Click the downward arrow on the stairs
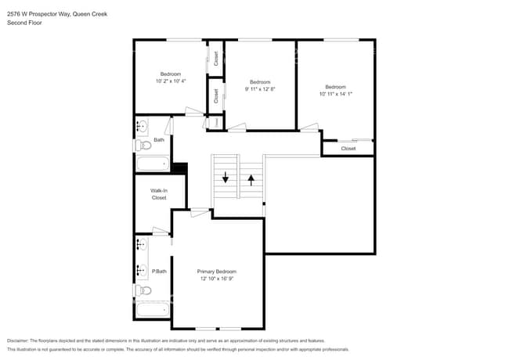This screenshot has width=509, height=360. [x=226, y=178]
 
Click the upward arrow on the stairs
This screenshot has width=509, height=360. [x=251, y=179]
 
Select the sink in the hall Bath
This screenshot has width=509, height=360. [x=142, y=126]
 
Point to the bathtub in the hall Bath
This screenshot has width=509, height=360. [x=152, y=164]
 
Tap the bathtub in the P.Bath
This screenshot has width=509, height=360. [x=152, y=309]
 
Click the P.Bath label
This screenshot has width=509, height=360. [x=159, y=272]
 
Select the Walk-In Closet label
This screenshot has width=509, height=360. [x=159, y=194]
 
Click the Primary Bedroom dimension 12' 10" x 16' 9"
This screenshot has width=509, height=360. [x=217, y=279]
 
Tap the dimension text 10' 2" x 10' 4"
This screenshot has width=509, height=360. [x=170, y=81]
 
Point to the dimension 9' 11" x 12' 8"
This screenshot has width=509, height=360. [x=260, y=89]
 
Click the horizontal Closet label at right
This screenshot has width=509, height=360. [x=348, y=148]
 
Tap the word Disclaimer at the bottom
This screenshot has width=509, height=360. [x=16, y=340]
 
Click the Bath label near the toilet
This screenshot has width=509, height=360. [x=159, y=140]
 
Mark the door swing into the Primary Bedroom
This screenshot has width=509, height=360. [x=200, y=211]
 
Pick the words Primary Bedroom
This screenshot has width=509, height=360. [x=217, y=272]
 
